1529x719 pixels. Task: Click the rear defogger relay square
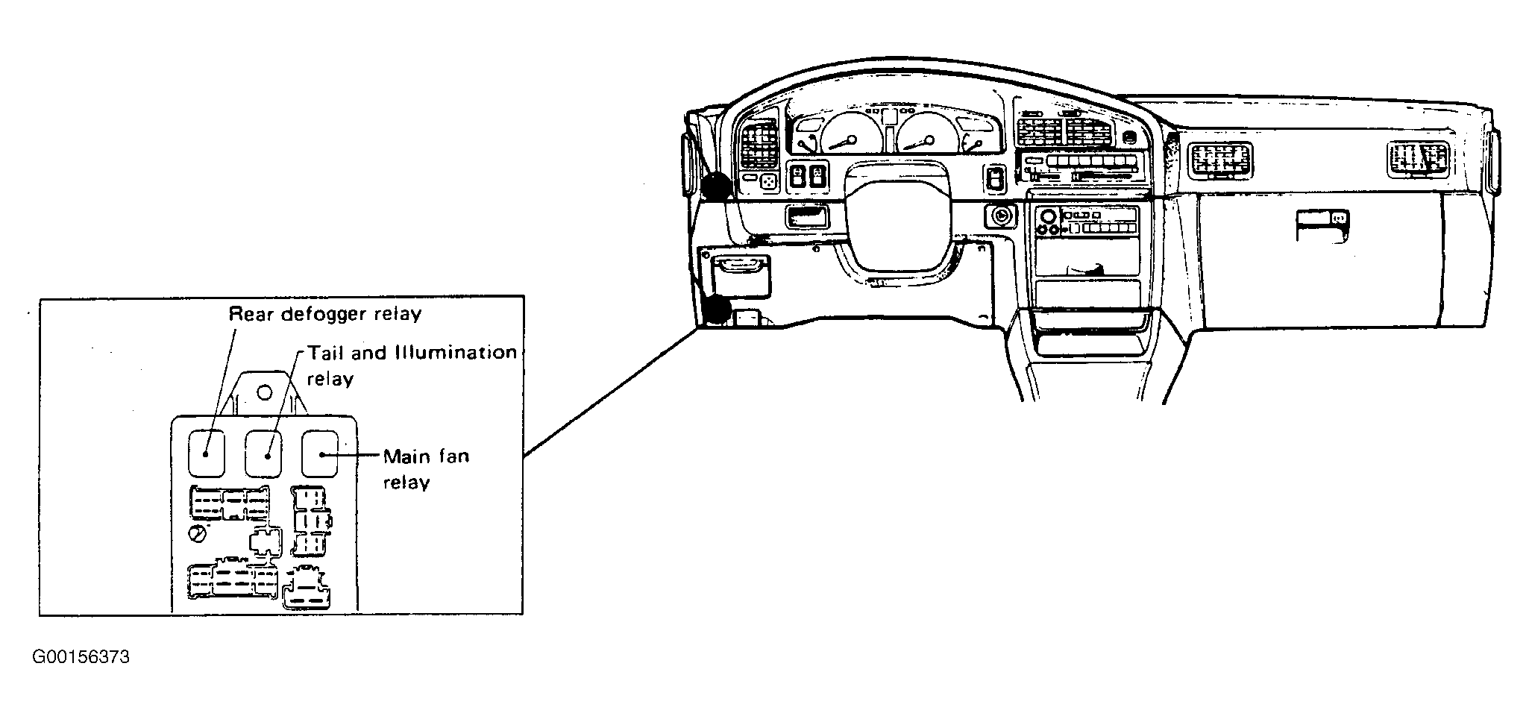click(206, 453)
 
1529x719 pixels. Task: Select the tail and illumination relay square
click(264, 453)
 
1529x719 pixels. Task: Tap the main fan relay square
click(320, 453)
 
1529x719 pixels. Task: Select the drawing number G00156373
click(81, 657)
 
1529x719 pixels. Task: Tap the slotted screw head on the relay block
click(198, 534)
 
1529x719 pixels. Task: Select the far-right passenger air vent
click(1417, 160)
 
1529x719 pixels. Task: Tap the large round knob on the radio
click(1047, 217)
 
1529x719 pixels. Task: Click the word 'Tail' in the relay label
click(326, 352)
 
